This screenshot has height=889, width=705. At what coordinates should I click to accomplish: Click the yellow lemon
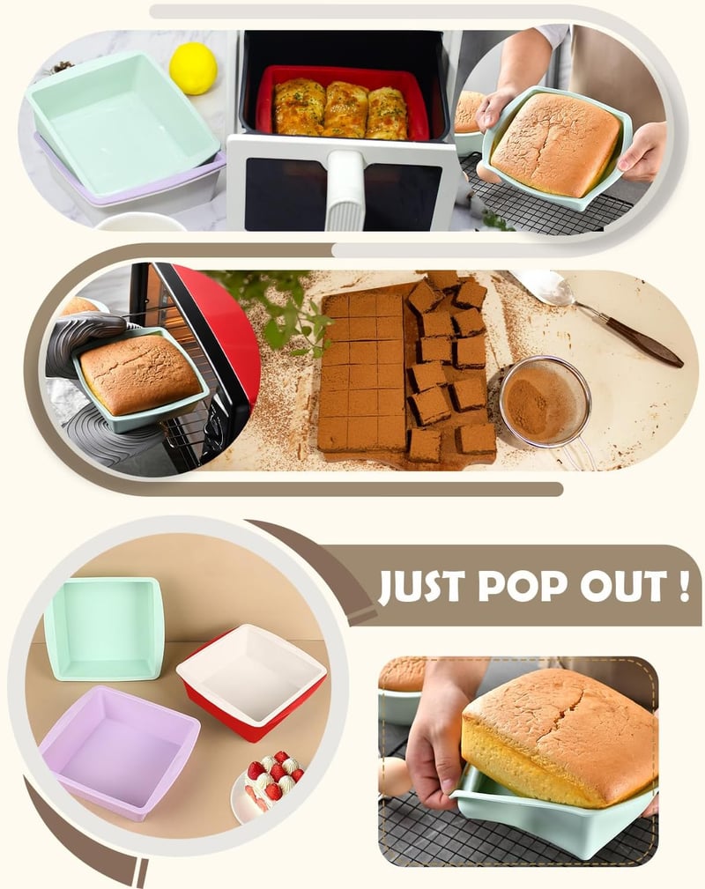[193, 68]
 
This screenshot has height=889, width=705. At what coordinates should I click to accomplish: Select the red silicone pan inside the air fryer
[343, 103]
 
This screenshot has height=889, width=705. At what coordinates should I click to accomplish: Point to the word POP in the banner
[521, 586]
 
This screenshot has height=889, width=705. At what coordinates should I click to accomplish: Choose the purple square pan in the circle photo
[120, 752]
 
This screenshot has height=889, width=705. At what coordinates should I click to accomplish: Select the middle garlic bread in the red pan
[346, 109]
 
